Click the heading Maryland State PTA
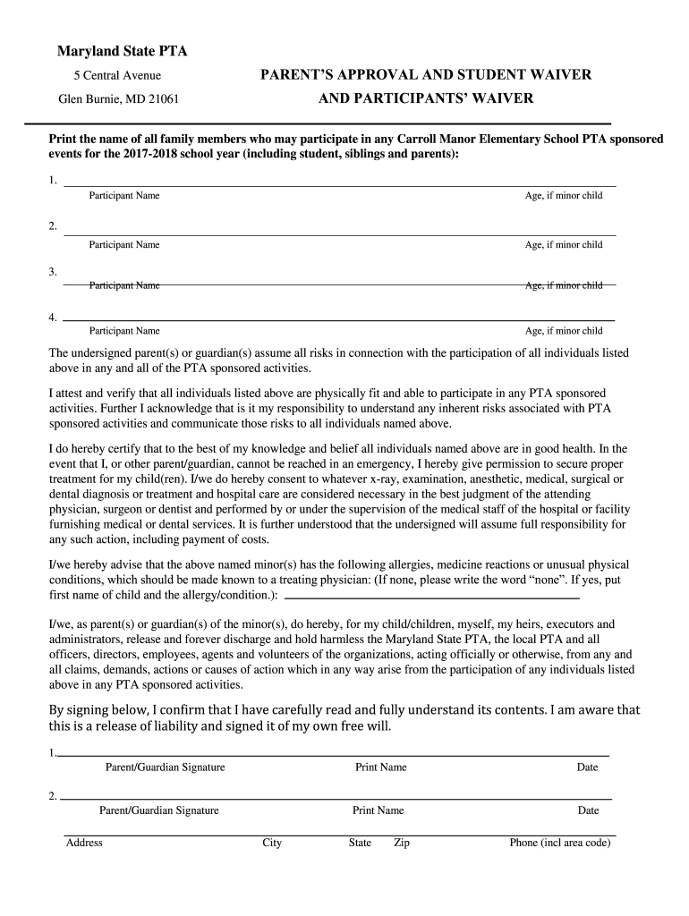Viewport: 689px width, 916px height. coord(123,51)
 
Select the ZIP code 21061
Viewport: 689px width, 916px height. coord(162,98)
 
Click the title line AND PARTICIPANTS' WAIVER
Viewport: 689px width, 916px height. coord(425,98)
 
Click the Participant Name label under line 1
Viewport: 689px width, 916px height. coord(124,196)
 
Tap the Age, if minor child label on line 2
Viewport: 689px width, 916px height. coord(564,245)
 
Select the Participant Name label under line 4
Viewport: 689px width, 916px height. coord(124,331)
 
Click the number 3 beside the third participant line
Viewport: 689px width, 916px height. coord(53,271)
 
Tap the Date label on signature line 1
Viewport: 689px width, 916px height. coord(587,768)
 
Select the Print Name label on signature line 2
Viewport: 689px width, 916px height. coord(378,810)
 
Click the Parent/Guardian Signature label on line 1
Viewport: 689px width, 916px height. coord(165,768)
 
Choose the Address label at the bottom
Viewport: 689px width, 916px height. coord(84,843)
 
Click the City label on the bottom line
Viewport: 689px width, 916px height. coord(272,843)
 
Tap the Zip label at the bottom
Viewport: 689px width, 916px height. coord(402,843)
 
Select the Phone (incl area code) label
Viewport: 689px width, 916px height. coord(560,843)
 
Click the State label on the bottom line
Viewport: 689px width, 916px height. coord(360,843)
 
